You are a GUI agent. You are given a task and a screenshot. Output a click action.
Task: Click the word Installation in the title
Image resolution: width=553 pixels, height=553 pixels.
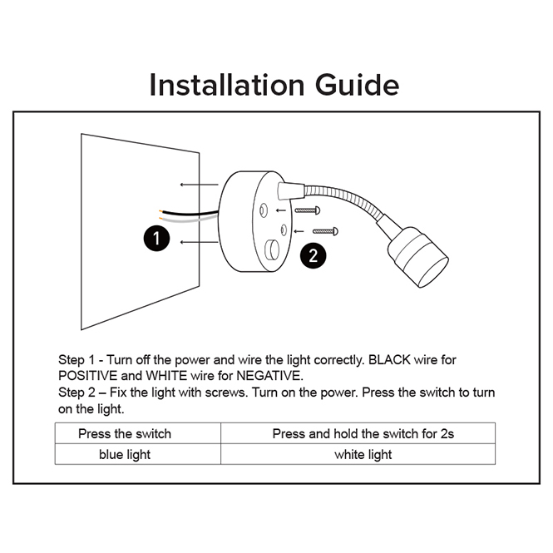coord(227,85)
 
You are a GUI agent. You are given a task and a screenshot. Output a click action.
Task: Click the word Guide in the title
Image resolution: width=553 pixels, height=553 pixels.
coord(357,85)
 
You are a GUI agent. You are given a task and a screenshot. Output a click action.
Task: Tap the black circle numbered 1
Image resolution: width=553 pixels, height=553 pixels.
coord(156,239)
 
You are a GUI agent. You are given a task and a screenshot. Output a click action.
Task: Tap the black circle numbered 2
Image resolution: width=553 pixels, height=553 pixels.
coord(314,255)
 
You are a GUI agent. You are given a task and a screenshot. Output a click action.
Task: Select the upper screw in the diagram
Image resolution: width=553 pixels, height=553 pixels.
coord(308,210)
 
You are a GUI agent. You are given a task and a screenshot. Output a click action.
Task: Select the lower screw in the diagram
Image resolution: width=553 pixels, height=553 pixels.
coord(325,231)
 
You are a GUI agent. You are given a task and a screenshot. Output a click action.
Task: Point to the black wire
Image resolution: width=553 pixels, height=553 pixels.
coord(189,213)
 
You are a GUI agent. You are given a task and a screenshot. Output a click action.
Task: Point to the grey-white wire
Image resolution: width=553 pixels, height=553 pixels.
coord(189,220)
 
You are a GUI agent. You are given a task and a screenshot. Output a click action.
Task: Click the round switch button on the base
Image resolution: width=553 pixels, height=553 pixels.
coord(272,249)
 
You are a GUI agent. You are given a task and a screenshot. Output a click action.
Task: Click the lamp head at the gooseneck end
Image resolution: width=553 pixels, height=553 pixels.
coord(418,257)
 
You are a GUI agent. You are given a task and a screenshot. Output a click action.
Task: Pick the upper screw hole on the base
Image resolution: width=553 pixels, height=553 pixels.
coord(264,210)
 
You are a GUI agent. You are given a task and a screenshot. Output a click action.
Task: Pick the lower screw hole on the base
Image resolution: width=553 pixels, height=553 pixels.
coord(284,230)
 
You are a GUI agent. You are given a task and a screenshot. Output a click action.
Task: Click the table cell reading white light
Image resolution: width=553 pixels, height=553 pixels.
coord(358,454)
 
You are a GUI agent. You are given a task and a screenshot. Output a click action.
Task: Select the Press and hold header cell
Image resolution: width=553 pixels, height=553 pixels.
coord(358,433)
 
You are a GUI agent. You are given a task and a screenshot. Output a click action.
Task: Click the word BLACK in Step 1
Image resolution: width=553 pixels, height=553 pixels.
coord(389,360)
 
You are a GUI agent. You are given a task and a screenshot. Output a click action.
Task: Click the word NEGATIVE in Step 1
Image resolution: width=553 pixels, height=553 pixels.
coord(269,376)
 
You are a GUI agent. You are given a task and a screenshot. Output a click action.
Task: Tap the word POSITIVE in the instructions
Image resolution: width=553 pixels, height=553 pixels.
coord(87,376)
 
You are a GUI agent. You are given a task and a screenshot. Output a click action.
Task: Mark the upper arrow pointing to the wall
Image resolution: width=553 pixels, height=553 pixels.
coord(200,185)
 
